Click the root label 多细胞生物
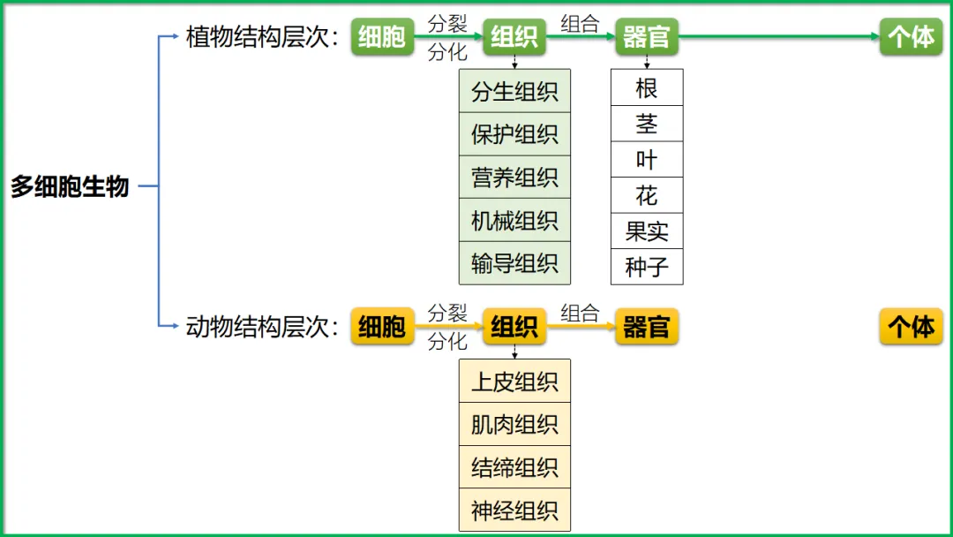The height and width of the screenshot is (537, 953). [x=70, y=187]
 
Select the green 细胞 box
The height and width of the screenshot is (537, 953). [x=382, y=37]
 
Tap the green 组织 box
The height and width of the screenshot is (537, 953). [x=514, y=37]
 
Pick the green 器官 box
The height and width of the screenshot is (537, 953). [x=647, y=37]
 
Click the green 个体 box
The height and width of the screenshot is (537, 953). [x=912, y=37]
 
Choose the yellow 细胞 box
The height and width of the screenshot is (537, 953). [x=382, y=327]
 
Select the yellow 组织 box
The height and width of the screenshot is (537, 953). [x=514, y=327]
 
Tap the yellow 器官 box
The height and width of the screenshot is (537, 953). [x=647, y=327]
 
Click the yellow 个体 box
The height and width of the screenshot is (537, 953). [x=912, y=327]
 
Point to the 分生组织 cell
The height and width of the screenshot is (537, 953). [x=514, y=91]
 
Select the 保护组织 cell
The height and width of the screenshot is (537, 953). [x=514, y=134]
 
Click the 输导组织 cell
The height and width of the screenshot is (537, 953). [x=514, y=263]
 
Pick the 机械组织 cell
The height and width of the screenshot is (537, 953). [x=514, y=220]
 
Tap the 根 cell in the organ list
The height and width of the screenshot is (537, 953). [x=647, y=87]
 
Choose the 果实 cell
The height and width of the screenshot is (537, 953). [x=647, y=231]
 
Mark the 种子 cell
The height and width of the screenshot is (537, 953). [x=647, y=267]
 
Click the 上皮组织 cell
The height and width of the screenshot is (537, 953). [x=514, y=382]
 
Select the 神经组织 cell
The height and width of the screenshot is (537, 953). [x=514, y=511]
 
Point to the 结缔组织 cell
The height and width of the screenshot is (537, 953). [x=514, y=467]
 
